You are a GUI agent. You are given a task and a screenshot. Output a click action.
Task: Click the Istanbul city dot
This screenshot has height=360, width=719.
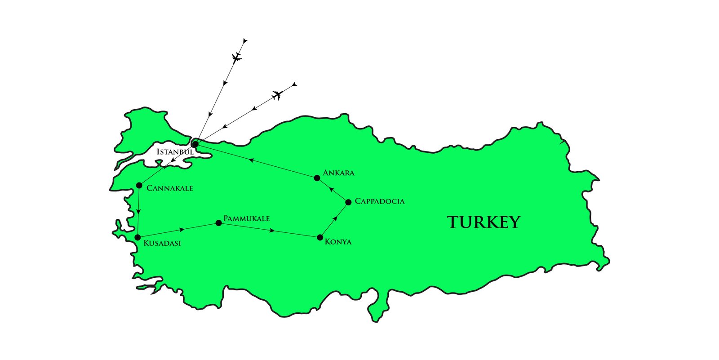(195, 144)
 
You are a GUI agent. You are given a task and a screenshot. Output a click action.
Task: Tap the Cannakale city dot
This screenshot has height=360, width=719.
(139, 185)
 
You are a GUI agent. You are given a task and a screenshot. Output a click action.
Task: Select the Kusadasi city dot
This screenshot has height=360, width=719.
(138, 237)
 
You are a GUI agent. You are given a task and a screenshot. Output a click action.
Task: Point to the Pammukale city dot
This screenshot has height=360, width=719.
(219, 223)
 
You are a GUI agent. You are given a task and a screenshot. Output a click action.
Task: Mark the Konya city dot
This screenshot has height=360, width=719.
(320, 237)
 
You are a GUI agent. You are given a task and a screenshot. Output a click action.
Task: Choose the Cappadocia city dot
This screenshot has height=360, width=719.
(348, 202)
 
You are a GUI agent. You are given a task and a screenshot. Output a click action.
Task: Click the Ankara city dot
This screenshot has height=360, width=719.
(317, 178)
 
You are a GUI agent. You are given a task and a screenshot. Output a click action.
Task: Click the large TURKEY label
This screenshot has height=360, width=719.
(484, 222)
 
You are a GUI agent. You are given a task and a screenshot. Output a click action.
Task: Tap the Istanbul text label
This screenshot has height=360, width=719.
(175, 152)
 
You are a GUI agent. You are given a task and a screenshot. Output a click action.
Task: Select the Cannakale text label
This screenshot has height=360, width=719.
(170, 188)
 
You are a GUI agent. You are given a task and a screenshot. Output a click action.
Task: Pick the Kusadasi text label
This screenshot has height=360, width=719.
(162, 243)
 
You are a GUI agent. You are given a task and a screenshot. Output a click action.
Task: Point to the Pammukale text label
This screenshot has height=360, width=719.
(247, 219)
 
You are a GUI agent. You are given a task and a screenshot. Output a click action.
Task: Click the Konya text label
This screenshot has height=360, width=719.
(338, 242)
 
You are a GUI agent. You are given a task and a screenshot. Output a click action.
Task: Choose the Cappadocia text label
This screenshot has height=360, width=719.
(380, 201)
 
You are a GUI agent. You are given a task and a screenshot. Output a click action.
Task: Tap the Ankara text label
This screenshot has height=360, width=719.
(339, 173)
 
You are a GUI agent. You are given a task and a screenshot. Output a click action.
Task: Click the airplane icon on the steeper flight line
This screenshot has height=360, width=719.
(237, 57)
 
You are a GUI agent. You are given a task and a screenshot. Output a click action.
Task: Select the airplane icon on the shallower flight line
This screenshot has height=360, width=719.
(277, 95)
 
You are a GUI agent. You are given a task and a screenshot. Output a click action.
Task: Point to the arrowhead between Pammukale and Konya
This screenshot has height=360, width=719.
(271, 231)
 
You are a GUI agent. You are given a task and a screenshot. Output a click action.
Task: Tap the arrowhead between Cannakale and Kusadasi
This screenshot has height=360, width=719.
(139, 212)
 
